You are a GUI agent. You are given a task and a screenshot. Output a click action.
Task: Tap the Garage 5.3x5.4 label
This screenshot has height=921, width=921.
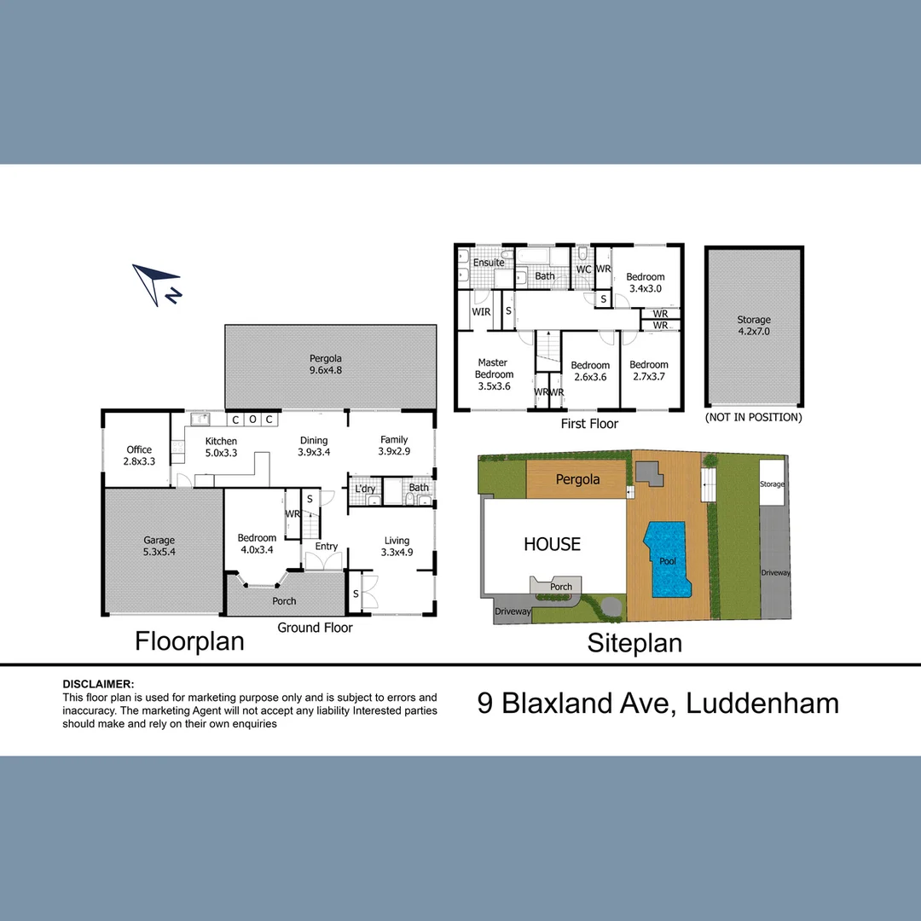(x=159, y=546)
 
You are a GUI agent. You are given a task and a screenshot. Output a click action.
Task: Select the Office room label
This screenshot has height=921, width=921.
(x=139, y=449)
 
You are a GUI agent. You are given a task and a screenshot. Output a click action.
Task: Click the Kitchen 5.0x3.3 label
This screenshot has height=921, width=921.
(x=222, y=447)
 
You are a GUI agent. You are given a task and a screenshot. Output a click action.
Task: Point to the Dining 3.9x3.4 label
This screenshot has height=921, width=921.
(x=314, y=446)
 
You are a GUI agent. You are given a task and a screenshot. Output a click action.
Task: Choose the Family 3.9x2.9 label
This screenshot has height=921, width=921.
(x=394, y=445)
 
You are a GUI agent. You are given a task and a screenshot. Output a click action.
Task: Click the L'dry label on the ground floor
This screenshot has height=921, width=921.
(x=365, y=489)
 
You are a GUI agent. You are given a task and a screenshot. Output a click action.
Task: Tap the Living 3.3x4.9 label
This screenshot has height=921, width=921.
(x=397, y=547)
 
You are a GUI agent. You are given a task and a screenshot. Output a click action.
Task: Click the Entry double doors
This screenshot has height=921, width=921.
(x=323, y=561)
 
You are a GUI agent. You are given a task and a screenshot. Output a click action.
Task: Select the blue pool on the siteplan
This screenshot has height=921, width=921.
(x=666, y=559)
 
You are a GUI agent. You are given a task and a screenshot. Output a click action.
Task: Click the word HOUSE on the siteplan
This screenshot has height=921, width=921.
(x=552, y=544)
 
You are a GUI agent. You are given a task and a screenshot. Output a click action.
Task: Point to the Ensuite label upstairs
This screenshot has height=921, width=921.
(x=489, y=263)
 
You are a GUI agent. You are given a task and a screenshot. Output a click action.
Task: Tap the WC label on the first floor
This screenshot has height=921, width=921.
(x=583, y=269)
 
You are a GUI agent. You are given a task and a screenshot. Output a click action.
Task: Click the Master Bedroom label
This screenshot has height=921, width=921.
(x=494, y=374)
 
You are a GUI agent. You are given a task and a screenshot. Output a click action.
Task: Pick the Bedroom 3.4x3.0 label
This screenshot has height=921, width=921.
(x=646, y=282)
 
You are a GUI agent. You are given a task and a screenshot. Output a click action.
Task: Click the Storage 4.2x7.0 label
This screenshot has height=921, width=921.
(x=754, y=326)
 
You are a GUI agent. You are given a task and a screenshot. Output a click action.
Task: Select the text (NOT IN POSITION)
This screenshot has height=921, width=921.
(x=754, y=417)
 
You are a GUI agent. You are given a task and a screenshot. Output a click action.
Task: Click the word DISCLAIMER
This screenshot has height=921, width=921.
(x=98, y=684)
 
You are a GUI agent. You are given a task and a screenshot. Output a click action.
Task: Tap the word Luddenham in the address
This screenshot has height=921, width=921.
(x=762, y=704)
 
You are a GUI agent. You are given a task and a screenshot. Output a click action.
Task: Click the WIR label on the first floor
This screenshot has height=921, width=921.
(x=481, y=312)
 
